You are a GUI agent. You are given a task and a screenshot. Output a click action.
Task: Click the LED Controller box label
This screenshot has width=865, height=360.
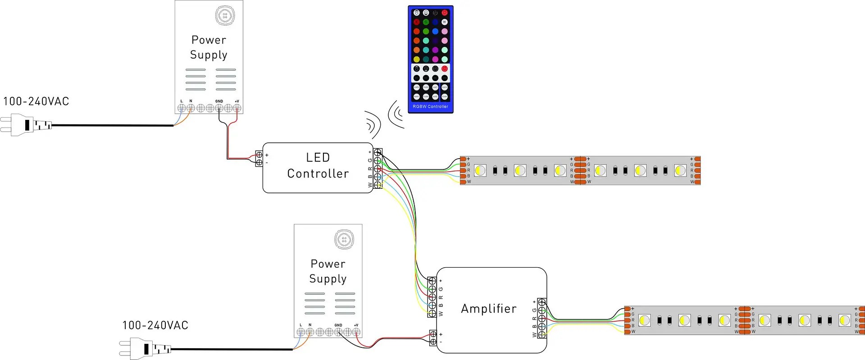tap(318, 165)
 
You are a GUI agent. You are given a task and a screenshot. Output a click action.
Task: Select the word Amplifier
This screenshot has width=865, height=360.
tap(489, 309)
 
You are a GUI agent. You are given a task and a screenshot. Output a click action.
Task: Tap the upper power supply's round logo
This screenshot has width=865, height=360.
tap(225, 16)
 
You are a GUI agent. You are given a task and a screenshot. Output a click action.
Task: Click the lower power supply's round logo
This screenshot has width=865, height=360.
tap(344, 239)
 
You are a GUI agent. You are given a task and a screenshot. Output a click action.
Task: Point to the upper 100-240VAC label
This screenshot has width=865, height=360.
tap(36, 101)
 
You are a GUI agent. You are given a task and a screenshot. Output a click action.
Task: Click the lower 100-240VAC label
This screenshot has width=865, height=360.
tap(155, 325)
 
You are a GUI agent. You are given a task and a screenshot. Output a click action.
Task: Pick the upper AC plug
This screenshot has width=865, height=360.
tap(26, 125)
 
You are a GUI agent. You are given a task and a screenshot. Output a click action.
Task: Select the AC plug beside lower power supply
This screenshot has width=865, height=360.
tap(145, 349)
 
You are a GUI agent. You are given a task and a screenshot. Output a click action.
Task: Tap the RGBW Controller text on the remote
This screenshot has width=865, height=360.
tap(430, 107)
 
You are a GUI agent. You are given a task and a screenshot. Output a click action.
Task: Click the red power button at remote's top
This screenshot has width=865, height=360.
tap(445, 13)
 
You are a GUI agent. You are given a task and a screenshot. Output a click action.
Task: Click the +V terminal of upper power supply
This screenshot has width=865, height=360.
tap(237, 108)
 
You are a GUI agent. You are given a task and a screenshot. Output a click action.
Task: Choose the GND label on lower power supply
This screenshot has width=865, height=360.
tap(338, 325)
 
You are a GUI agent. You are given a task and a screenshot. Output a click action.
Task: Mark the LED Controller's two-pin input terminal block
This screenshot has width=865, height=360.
tap(259, 159)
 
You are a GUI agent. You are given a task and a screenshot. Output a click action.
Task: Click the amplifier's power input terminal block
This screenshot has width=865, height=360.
tap(432, 338)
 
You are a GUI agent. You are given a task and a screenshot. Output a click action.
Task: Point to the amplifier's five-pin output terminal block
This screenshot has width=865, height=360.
tap(542, 319)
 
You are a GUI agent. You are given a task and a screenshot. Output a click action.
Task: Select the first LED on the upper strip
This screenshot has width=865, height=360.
tap(480, 170)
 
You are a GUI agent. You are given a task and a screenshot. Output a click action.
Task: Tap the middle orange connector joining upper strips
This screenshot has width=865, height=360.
tap(580, 170)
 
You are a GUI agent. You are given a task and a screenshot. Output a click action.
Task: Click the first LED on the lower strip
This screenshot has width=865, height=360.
tap(645, 320)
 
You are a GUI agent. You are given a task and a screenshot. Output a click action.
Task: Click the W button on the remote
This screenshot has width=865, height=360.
tap(445, 22)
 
